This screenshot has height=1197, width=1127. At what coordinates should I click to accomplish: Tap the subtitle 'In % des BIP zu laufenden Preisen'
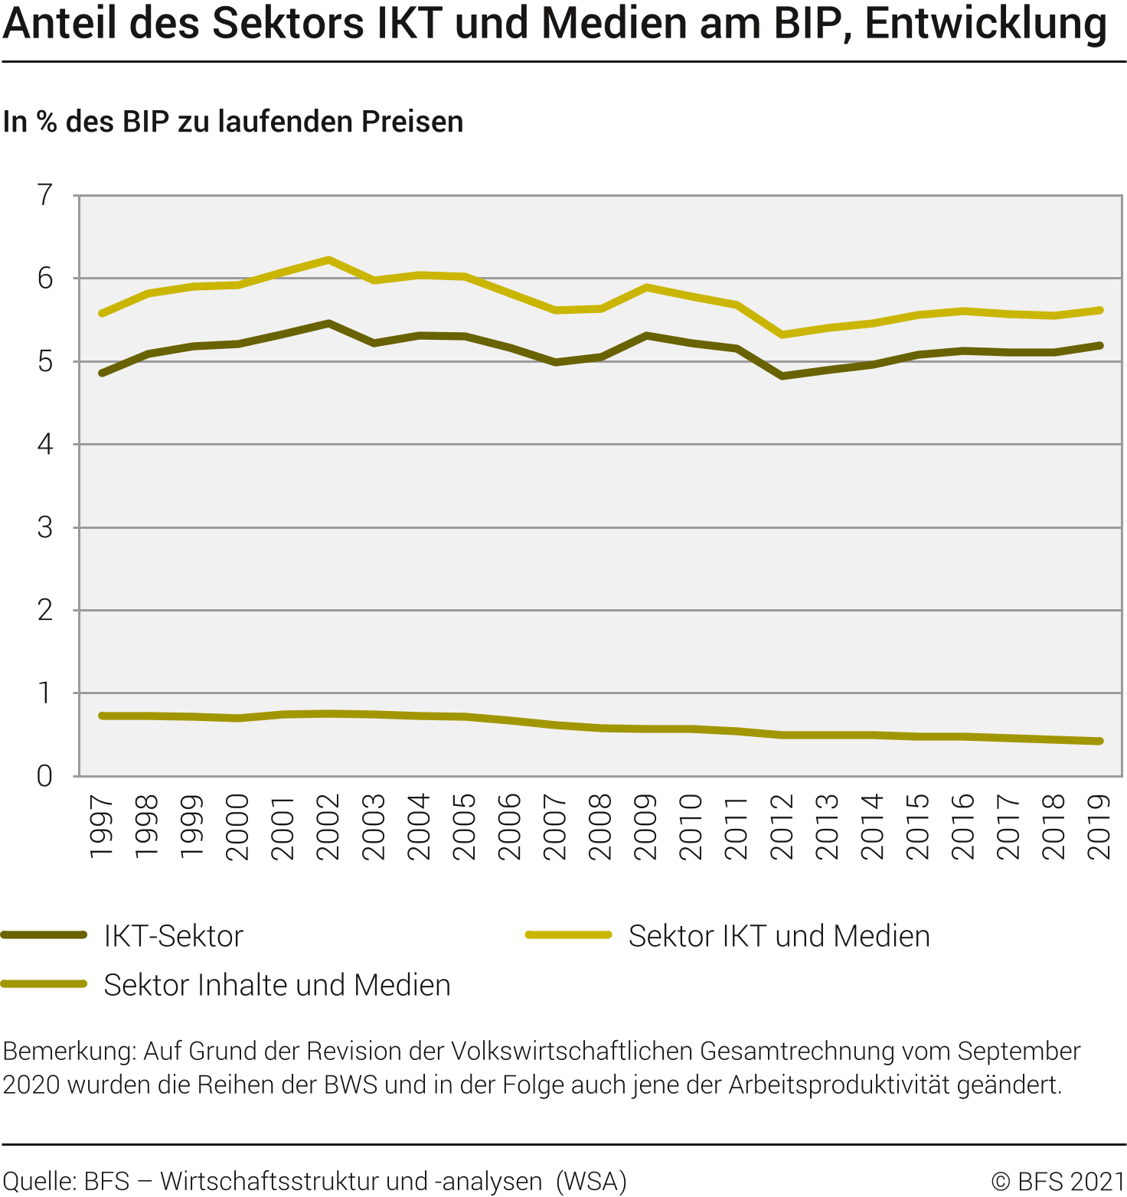point(233,122)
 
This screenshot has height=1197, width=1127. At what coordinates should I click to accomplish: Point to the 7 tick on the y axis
point(45,196)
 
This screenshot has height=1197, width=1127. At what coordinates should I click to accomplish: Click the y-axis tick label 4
point(45,445)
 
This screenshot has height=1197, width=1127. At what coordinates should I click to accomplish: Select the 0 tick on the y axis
point(45,776)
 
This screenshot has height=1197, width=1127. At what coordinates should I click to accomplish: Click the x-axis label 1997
point(102,827)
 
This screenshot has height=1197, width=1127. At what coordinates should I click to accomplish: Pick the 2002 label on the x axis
point(328,827)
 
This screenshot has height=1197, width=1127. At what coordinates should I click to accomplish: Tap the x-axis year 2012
point(782,827)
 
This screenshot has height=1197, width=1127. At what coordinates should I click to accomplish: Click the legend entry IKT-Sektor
point(173,936)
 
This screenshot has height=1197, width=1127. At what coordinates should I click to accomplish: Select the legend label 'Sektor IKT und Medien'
point(779,936)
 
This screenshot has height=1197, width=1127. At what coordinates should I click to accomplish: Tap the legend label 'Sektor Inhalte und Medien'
point(277,985)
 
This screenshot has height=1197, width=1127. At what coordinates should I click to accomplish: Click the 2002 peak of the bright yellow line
point(328,260)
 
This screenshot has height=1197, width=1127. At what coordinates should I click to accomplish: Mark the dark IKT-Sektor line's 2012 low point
point(782,376)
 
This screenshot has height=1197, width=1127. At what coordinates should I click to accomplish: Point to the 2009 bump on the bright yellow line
point(647,288)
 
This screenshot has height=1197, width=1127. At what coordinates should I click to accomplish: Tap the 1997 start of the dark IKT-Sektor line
point(102,373)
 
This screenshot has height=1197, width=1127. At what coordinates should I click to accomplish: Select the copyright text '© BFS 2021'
point(1057,1182)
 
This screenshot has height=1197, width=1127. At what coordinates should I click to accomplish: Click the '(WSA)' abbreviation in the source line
point(591,1182)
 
